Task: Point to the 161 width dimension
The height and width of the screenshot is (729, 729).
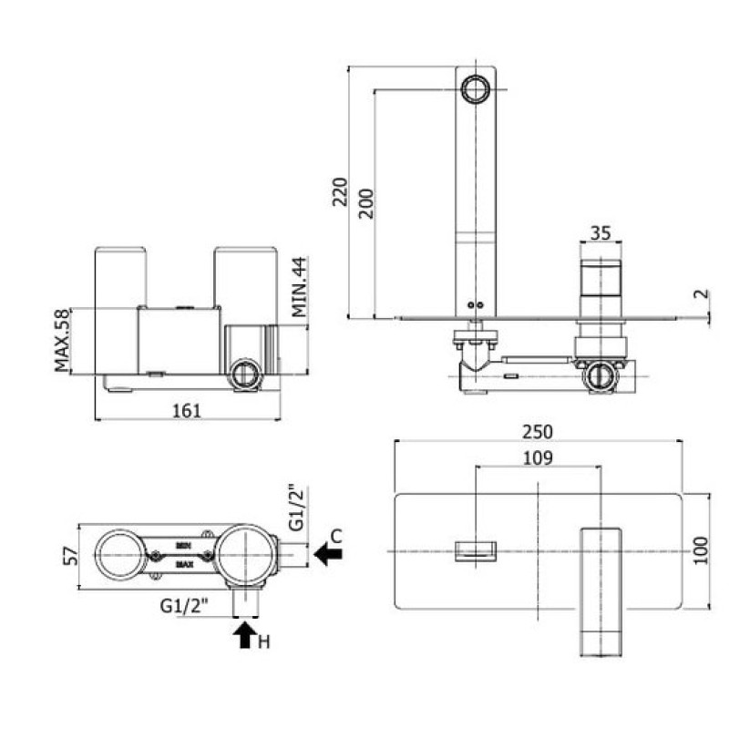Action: pos(186,410)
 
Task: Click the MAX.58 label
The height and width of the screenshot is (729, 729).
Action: pos(62,342)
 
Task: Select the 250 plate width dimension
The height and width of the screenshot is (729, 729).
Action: pos(539,431)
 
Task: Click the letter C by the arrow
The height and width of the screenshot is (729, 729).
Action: pos(336,536)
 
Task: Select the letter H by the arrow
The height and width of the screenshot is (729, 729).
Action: pos(264,643)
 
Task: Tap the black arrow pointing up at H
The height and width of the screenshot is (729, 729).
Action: pos(243,634)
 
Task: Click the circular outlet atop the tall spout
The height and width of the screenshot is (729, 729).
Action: pos(476,88)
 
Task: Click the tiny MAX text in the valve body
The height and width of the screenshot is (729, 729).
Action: pos(183,565)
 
